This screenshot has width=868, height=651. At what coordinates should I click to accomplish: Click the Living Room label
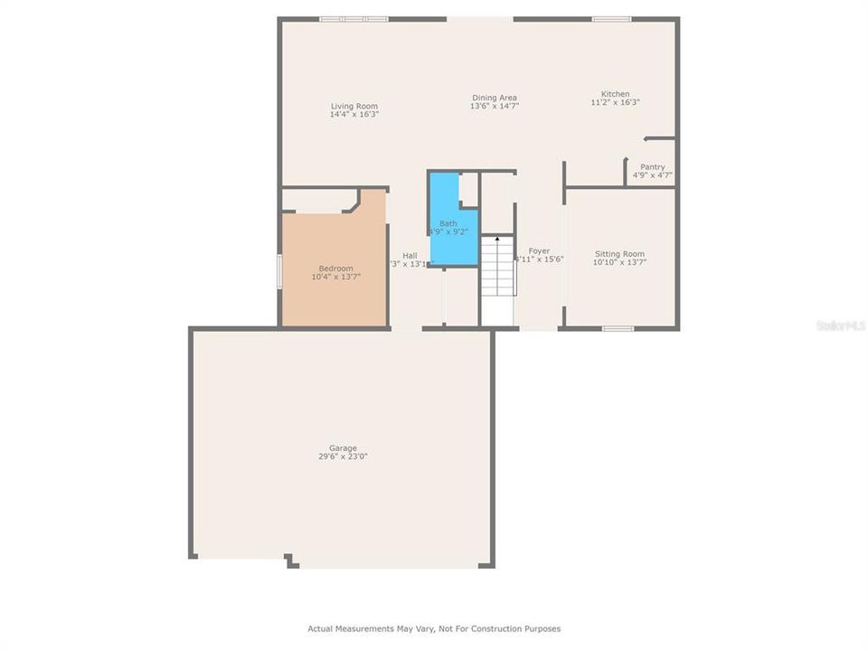(x=354, y=107)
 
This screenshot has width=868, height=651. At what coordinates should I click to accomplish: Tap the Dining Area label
(x=494, y=98)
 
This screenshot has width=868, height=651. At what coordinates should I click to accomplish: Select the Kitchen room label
(x=616, y=94)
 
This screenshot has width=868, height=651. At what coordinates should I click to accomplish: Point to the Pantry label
(x=652, y=167)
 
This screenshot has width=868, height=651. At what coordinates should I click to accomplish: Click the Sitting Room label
(x=619, y=254)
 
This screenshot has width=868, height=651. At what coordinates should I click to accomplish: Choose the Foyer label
(x=539, y=251)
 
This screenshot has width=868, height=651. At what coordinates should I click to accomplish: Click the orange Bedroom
(x=335, y=271)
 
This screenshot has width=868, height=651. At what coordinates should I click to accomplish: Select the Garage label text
(x=343, y=448)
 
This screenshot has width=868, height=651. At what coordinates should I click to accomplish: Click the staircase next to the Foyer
(x=496, y=267)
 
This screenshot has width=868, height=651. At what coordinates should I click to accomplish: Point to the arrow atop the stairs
(x=496, y=239)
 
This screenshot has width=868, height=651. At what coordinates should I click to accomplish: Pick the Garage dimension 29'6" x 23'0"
(x=343, y=458)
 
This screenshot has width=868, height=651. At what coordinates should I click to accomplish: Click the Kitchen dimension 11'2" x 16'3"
(x=616, y=103)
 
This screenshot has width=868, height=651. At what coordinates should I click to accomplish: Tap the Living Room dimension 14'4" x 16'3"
(x=354, y=115)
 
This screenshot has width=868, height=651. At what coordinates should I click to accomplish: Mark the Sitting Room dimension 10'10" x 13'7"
(x=619, y=263)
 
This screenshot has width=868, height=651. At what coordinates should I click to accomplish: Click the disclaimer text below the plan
(x=434, y=628)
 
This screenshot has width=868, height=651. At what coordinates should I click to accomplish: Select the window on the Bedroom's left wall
(x=279, y=271)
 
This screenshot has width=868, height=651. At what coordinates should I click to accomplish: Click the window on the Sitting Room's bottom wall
(x=618, y=328)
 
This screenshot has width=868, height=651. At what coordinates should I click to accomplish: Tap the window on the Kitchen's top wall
(x=611, y=18)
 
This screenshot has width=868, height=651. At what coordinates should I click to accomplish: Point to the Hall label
(x=410, y=256)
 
